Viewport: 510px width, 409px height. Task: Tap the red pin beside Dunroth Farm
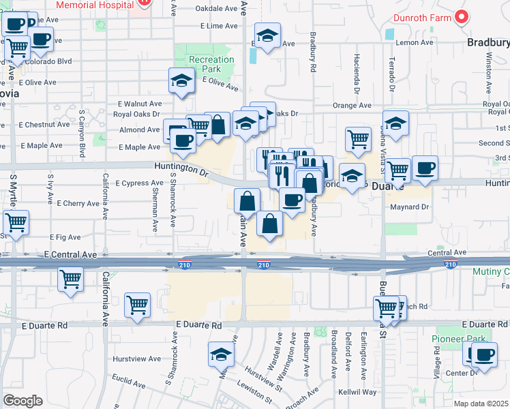462,16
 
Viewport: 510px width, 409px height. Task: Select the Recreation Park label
211,64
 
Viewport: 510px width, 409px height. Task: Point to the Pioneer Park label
456,339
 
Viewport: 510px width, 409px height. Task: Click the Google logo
22,401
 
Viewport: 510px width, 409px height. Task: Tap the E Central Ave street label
71,254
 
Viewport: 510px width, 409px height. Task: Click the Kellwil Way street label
358,393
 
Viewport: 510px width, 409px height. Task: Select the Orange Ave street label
352,106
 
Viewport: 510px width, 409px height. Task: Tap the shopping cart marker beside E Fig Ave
16,222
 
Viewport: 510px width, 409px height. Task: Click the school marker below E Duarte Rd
221,354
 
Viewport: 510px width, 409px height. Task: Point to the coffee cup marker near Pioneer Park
485,354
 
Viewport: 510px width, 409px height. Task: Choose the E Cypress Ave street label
139,183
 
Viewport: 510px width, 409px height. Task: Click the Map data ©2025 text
481,404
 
